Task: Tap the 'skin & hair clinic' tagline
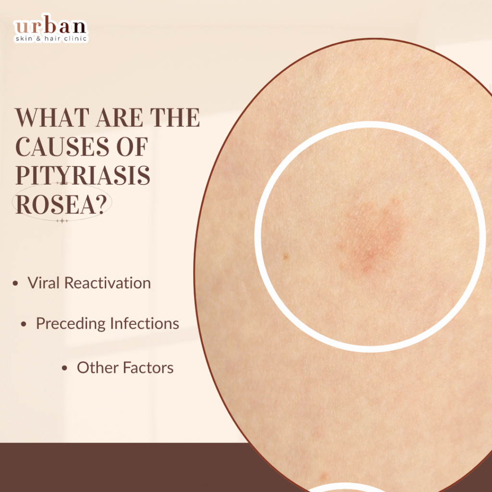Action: [51, 38]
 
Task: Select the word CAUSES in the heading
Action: [62, 147]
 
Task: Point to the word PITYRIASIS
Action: [83, 175]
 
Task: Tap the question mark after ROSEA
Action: [99, 204]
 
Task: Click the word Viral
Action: [44, 283]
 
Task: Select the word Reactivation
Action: [108, 283]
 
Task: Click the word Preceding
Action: [71, 323]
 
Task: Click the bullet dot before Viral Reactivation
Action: [15, 283]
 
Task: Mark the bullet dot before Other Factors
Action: [65, 368]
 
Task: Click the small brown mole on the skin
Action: [285, 257]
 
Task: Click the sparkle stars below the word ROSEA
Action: [62, 221]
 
